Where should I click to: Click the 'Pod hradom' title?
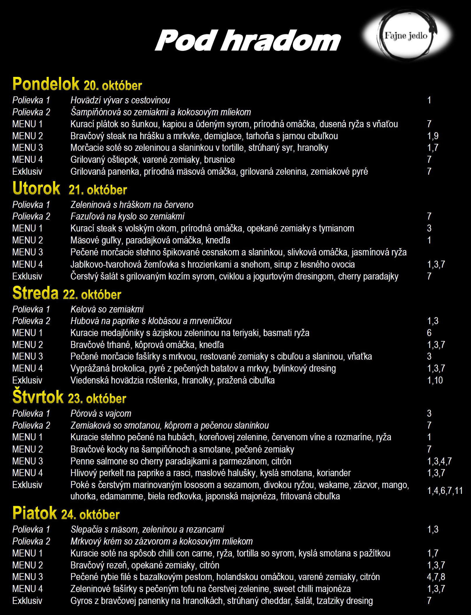pyautogui.click(x=248, y=40)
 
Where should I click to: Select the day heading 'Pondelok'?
pyautogui.click(x=46, y=84)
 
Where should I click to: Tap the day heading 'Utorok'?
pyautogui.click(x=36, y=188)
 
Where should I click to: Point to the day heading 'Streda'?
pyautogui.click(x=36, y=293)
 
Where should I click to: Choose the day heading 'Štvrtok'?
pyautogui.click(x=38, y=397)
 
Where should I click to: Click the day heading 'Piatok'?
pyautogui.click(x=35, y=513)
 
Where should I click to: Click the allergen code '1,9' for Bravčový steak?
pyautogui.click(x=433, y=136)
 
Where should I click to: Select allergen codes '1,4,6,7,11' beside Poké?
pyautogui.click(x=445, y=491)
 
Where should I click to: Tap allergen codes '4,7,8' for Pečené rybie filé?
pyautogui.click(x=436, y=577)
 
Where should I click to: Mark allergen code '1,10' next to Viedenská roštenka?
pyautogui.click(x=435, y=380)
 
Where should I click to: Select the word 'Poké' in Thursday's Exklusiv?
pyautogui.click(x=80, y=485)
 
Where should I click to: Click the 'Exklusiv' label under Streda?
pyautogui.click(x=27, y=380)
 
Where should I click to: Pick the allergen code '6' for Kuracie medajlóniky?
pyautogui.click(x=429, y=333)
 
